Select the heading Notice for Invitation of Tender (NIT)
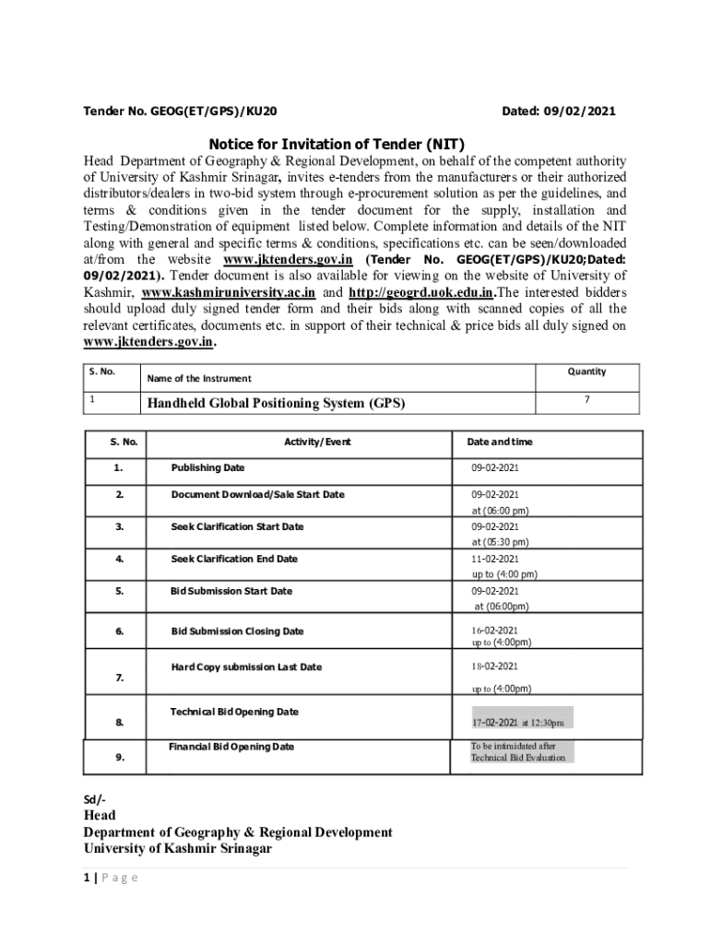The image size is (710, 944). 337,144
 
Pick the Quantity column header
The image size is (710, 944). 586,372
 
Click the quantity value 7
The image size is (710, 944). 586,399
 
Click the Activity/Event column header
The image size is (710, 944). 317,442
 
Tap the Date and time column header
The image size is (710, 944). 499,442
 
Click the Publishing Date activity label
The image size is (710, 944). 207,468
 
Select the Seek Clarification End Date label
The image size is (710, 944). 234,559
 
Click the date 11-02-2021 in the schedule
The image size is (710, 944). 495,559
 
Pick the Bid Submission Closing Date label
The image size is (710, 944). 237,631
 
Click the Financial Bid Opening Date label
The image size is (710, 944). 231,747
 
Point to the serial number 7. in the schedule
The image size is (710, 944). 120,678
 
